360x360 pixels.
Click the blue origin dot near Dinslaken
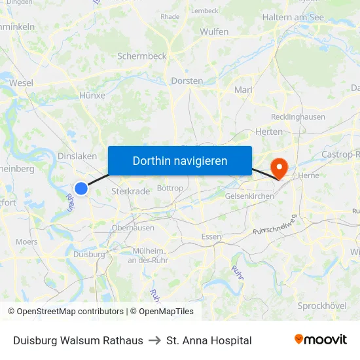click(x=81, y=189)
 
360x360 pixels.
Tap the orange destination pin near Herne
click(x=279, y=167)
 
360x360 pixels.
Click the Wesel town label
click(x=22, y=83)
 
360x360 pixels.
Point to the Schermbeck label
click(x=141, y=56)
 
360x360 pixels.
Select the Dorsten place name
click(x=187, y=81)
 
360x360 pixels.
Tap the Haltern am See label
click(x=293, y=17)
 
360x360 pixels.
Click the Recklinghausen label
click(x=298, y=117)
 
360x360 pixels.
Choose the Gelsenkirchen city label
click(x=249, y=196)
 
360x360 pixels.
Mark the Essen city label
click(x=211, y=236)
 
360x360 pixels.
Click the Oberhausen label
click(x=133, y=228)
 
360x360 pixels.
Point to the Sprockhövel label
click(x=321, y=306)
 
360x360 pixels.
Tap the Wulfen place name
click(x=214, y=31)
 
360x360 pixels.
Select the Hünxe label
click(x=92, y=96)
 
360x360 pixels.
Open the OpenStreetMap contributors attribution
click(x=65, y=312)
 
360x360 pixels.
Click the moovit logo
click(x=321, y=340)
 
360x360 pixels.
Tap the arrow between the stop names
click(x=154, y=340)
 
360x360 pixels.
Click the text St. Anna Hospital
click(x=209, y=340)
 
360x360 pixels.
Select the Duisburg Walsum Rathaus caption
click(x=78, y=340)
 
